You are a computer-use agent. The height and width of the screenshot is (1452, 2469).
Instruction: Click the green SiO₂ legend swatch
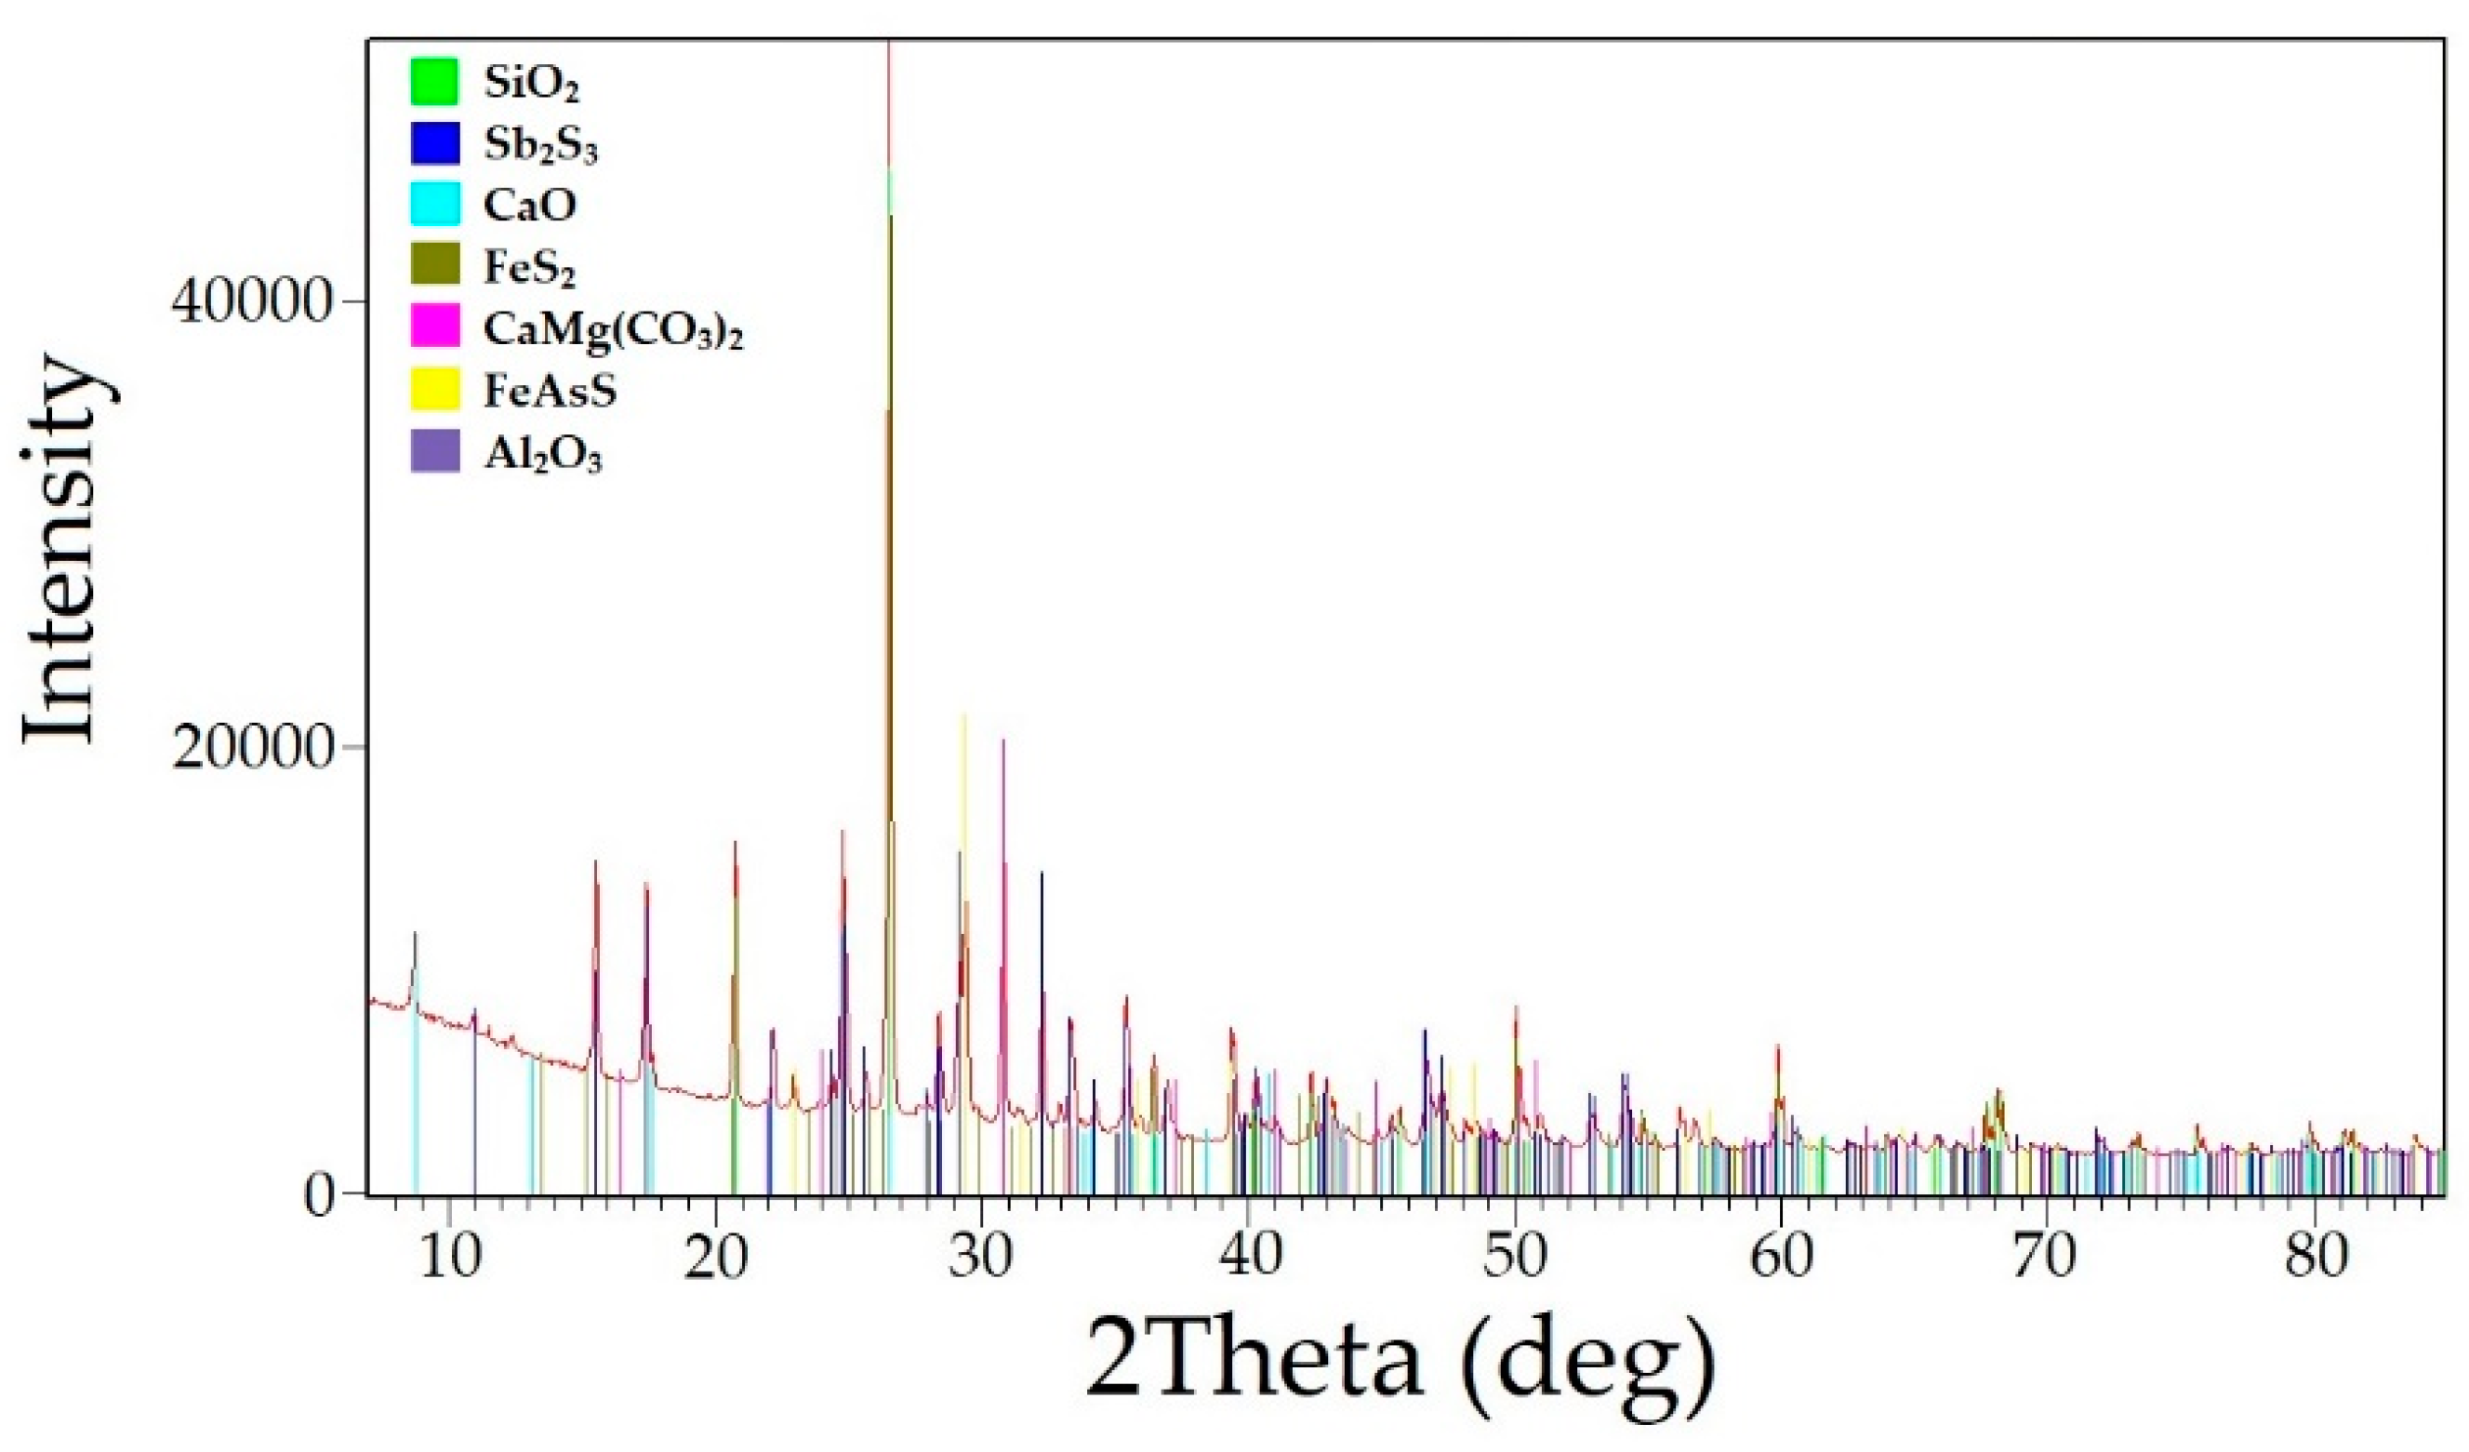(x=434, y=81)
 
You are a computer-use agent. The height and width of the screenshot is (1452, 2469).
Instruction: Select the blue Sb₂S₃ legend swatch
(x=434, y=142)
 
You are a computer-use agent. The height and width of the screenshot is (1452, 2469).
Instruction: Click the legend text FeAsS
(x=550, y=391)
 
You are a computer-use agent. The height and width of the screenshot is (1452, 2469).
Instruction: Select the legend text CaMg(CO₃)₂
(x=612, y=330)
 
